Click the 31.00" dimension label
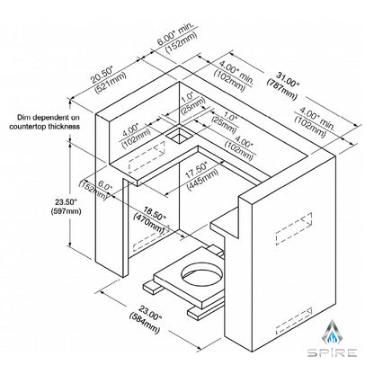point(285,79)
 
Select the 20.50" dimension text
point(102,75)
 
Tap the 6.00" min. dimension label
point(175,31)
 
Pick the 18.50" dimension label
point(154,213)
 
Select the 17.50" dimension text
point(196,170)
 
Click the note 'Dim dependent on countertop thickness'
point(45,122)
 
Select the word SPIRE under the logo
point(332,352)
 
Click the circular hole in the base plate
point(202,273)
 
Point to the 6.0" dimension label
point(105,186)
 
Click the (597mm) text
point(67,211)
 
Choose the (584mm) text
point(145,322)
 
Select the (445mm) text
point(202,179)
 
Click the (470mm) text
point(149,223)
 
